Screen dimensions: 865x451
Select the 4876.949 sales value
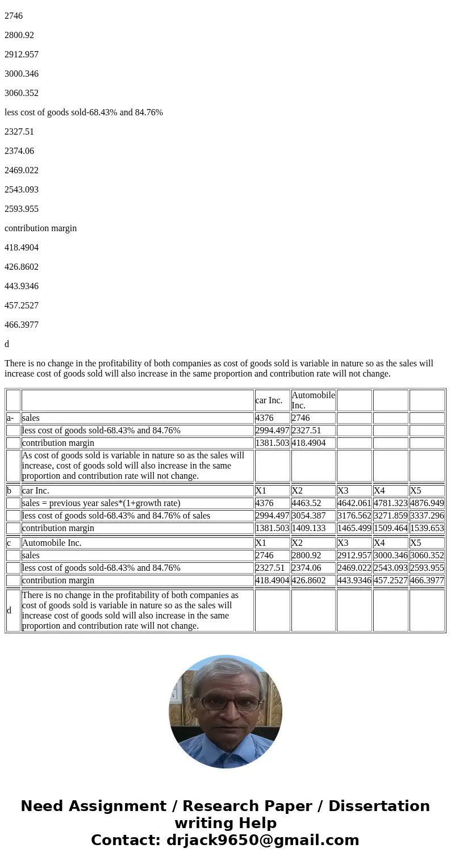coord(427,503)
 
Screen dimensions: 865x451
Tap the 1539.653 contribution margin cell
coord(427,528)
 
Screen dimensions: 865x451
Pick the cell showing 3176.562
coord(354,516)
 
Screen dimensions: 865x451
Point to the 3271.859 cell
coord(390,516)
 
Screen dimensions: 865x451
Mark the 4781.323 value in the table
coord(390,503)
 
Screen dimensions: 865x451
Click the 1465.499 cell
coord(354,528)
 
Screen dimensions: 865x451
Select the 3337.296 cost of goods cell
coord(427,516)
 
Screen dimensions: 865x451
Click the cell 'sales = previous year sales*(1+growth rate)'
coord(101,503)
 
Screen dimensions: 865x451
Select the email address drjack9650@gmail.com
coord(262,841)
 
